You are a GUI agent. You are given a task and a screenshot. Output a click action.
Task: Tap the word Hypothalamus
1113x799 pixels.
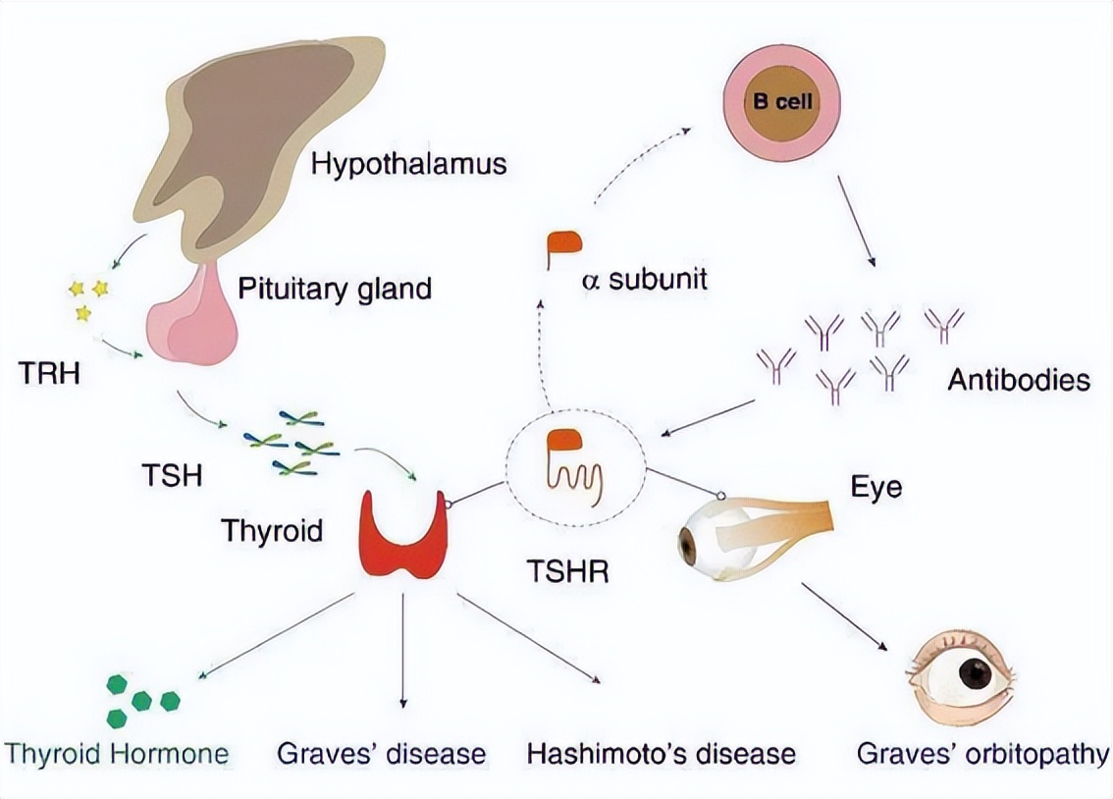pos(408,162)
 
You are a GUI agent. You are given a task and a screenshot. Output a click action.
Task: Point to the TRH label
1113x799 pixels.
pos(49,374)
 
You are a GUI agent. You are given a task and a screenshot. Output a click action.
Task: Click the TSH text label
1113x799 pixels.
pos(171,476)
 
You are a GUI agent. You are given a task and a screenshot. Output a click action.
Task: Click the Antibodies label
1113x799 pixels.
pos(1018,380)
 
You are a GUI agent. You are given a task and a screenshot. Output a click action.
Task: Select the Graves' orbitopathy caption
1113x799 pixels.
pos(982,754)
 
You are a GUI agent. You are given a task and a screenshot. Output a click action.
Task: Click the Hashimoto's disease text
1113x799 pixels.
pos(661,754)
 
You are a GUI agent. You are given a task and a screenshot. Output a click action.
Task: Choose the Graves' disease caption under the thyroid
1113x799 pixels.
pos(381,754)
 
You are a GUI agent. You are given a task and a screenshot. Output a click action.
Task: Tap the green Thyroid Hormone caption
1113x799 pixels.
pos(117,754)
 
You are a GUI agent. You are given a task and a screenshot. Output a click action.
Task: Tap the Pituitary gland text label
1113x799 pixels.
pos(334,289)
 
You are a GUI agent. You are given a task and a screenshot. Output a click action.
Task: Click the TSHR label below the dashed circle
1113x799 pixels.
pos(565,571)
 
